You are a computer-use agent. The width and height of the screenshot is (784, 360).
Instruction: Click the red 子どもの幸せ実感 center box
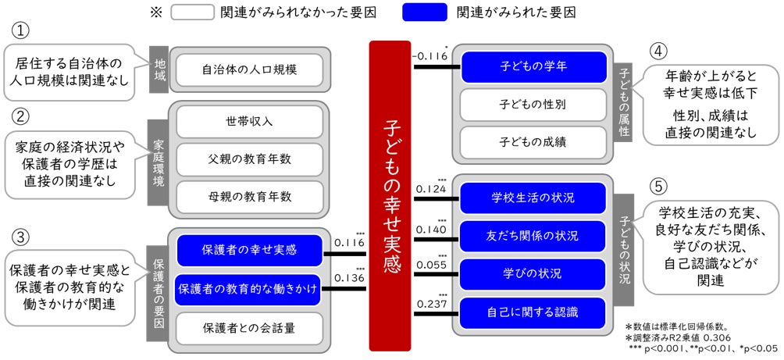tap(390, 196)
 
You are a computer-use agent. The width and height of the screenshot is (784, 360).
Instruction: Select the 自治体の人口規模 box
tap(249, 70)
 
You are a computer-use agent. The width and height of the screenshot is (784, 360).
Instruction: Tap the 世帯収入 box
tap(249, 122)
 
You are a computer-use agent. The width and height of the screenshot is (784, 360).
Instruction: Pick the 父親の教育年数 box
tap(249, 159)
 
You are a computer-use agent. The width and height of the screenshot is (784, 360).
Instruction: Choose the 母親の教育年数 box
tap(249, 195)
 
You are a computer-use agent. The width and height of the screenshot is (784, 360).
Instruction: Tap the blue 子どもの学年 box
tap(533, 66)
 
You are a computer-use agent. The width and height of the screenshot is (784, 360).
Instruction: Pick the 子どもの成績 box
tap(533, 141)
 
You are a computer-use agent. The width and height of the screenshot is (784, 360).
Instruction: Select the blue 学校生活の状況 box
tap(533, 197)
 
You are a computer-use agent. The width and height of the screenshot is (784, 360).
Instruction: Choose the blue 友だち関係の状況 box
tap(533, 235)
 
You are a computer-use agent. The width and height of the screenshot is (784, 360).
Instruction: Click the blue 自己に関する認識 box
tap(533, 312)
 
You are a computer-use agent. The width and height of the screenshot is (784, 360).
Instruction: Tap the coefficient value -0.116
tap(430, 55)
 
